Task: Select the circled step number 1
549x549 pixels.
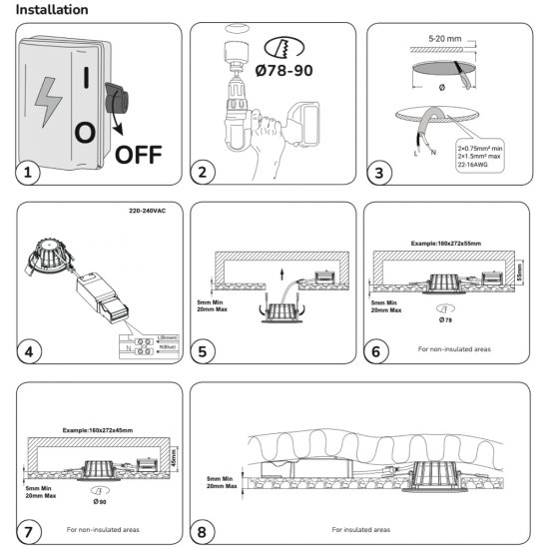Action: tap(29, 173)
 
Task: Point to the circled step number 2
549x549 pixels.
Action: tap(203, 173)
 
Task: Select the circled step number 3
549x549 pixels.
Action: tap(375, 173)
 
